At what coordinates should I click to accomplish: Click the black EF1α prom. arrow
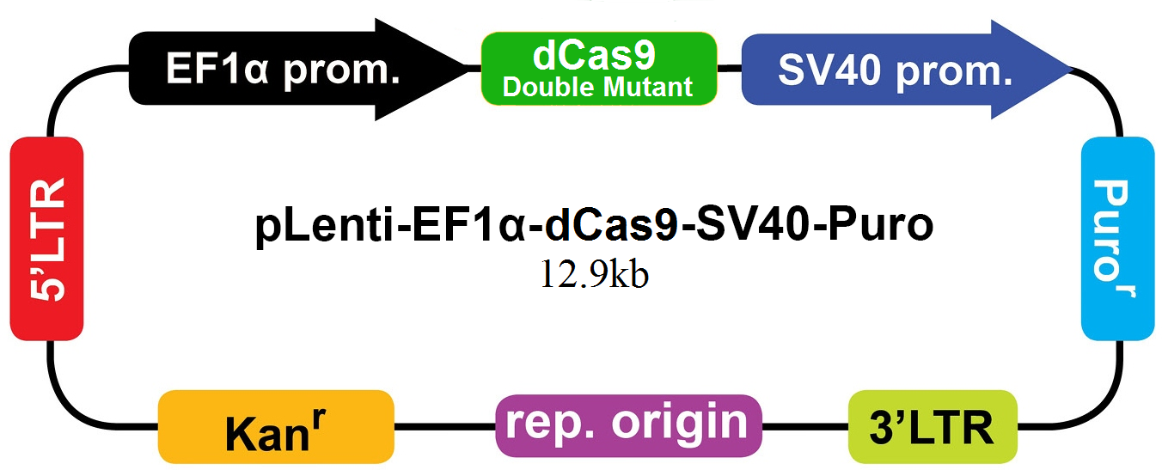tap(298, 69)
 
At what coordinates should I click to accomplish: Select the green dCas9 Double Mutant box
tap(599, 69)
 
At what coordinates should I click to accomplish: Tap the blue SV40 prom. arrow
tap(907, 69)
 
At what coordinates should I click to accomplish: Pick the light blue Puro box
tap(1117, 239)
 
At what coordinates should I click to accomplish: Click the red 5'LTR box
tap(46, 239)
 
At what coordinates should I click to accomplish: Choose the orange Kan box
tap(276, 427)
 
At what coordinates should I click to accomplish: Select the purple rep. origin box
tap(629, 426)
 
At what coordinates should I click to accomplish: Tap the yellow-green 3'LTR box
tap(933, 427)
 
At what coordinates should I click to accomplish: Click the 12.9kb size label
tap(595, 274)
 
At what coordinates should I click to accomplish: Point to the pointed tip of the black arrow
tap(469, 68)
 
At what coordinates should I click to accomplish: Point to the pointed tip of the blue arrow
tap(1073, 69)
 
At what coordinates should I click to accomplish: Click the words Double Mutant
tap(597, 87)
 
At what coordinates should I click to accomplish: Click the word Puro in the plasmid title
tap(880, 226)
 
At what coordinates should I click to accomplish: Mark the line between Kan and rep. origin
tap(445, 426)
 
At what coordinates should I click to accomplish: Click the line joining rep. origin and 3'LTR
tap(805, 426)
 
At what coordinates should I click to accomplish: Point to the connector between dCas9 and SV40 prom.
tap(730, 68)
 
